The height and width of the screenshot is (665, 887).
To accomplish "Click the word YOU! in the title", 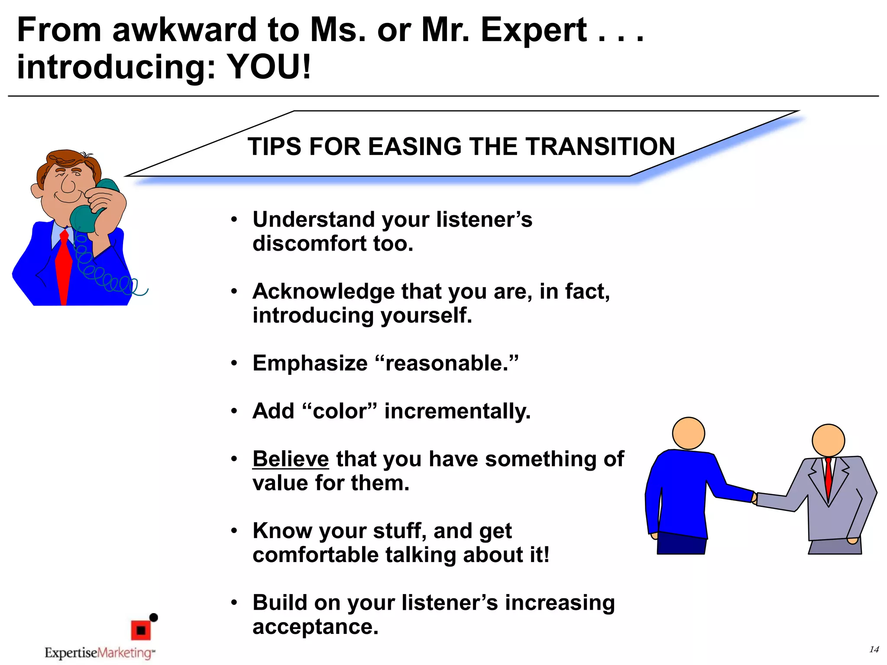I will (269, 68).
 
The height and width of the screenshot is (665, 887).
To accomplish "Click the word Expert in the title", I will (534, 30).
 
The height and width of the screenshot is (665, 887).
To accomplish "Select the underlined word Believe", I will (291, 459).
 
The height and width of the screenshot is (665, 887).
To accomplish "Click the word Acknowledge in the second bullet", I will (323, 291).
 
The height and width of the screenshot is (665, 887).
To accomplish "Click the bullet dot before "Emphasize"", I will (234, 363).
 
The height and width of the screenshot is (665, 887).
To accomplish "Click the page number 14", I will (874, 649).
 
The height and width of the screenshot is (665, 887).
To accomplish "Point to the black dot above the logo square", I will (153, 617).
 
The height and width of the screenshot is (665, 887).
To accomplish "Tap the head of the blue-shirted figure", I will (688, 433).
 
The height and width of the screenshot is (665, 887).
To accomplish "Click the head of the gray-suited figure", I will (828, 440).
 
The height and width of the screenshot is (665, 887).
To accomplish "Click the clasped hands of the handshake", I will (755, 498).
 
